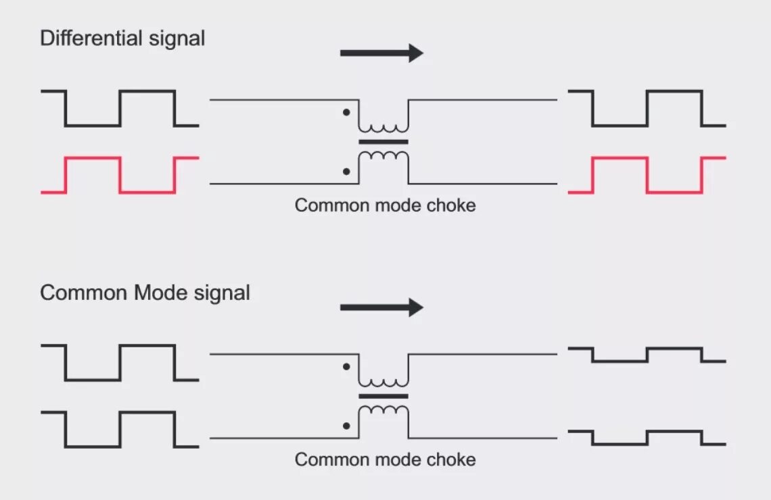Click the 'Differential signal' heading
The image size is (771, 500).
122,39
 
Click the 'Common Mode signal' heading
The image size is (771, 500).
145,293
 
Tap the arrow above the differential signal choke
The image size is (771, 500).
381,53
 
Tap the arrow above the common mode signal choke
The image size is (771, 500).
381,308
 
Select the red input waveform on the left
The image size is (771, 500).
120,175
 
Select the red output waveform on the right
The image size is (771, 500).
647,175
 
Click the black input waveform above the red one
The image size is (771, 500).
120,108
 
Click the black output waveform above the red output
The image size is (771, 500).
647,108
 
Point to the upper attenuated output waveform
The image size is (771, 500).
647,355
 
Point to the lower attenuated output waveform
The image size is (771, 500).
647,437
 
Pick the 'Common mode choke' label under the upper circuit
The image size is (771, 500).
385,205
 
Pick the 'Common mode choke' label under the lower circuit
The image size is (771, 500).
385,460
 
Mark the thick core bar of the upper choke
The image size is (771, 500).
383,142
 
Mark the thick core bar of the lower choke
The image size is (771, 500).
383,397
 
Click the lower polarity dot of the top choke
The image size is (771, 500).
346,172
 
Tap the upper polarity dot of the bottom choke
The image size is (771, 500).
346,366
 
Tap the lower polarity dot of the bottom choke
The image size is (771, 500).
346,426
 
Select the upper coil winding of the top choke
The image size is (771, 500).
383,128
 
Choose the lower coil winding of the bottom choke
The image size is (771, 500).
383,410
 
